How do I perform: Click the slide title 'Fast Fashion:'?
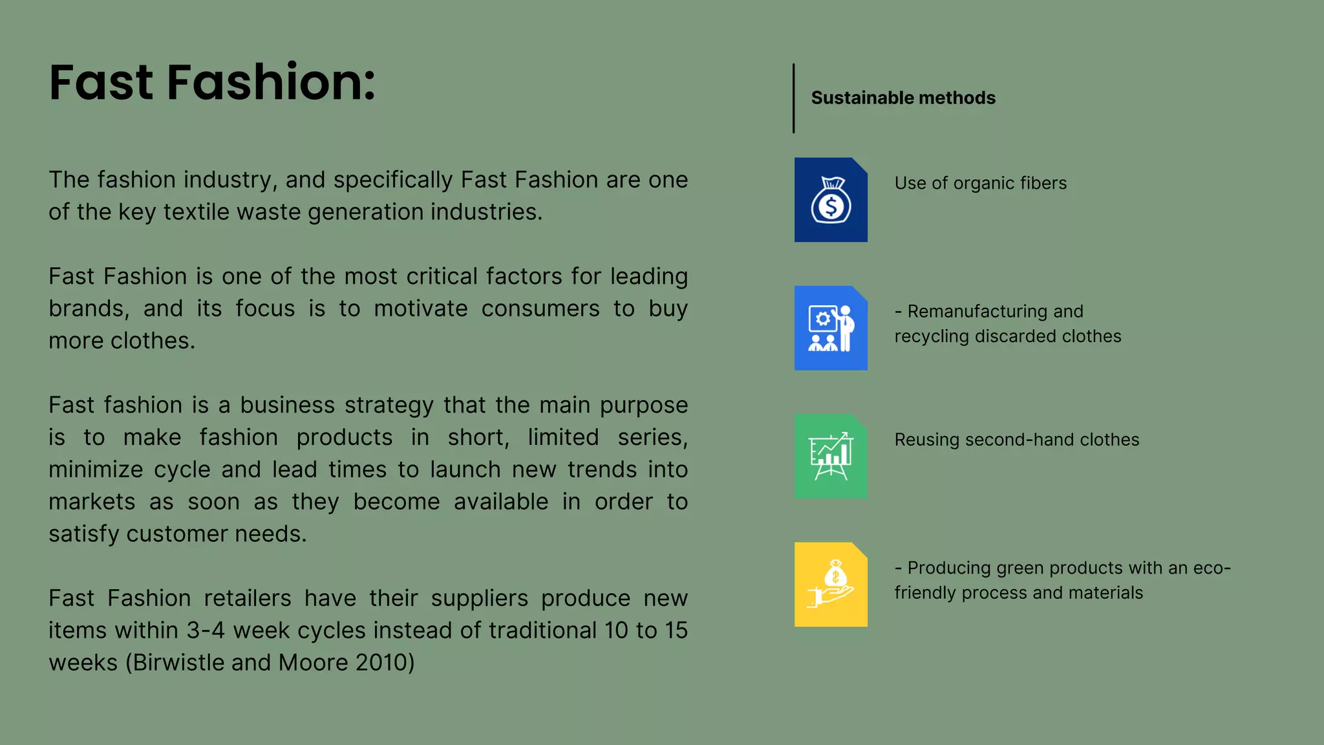tap(212, 83)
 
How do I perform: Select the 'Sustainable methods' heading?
tap(903, 98)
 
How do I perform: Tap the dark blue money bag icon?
tap(831, 200)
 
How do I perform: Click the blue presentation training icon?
tap(831, 328)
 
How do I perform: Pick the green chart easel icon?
tap(831, 456)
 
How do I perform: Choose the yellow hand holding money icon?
tap(831, 584)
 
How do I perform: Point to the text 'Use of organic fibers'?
tap(980, 183)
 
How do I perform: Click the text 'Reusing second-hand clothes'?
tap(1016, 440)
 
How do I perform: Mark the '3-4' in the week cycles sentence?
tap(206, 630)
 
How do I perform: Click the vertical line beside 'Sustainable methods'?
tap(794, 98)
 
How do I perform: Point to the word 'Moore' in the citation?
tap(314, 662)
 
